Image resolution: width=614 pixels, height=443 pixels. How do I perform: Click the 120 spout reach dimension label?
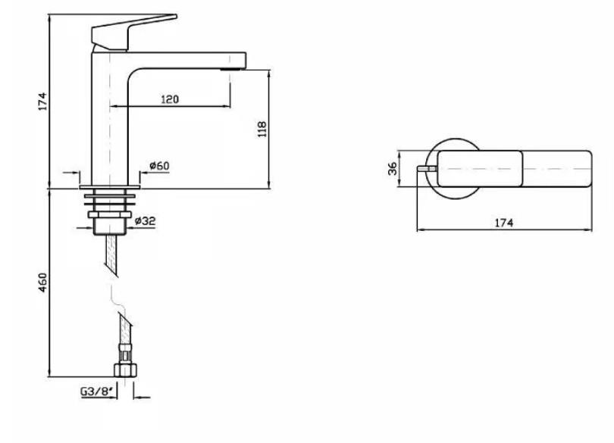tap(170, 99)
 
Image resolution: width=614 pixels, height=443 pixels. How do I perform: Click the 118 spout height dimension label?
tap(262, 129)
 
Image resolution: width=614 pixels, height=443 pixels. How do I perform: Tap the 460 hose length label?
tap(42, 282)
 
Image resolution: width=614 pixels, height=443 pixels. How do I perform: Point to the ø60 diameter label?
tap(159, 166)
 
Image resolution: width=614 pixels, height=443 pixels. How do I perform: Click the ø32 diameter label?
tap(145, 221)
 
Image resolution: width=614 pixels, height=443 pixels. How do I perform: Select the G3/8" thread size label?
tap(97, 391)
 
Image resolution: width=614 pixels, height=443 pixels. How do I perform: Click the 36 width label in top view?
tap(393, 168)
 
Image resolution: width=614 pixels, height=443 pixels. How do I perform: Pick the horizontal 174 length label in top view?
tap(503, 223)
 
